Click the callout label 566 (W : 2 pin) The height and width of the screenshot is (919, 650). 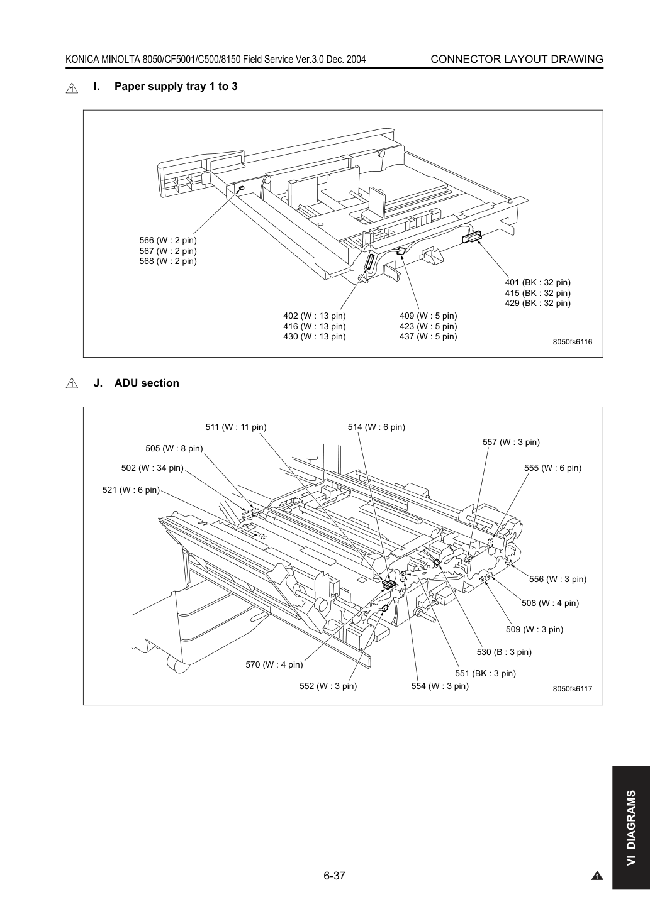[x=168, y=240]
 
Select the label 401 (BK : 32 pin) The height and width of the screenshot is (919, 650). [x=537, y=282]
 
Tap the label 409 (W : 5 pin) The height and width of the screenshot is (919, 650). [x=429, y=316]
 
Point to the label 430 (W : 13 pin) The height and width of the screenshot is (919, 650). [x=315, y=336]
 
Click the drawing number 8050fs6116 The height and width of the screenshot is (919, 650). [x=573, y=342]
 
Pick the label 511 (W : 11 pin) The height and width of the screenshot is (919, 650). [x=236, y=427]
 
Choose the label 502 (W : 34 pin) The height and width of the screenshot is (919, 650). [x=152, y=468]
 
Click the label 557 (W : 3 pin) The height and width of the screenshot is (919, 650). [x=511, y=442]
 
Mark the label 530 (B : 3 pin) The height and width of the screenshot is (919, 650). [x=504, y=652]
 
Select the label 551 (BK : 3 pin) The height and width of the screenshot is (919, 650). [x=485, y=673]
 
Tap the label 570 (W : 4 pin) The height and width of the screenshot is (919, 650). [x=274, y=664]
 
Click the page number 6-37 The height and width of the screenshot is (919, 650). [x=334, y=876]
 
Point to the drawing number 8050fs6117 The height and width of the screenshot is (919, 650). [x=573, y=689]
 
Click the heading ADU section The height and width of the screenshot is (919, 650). [x=147, y=383]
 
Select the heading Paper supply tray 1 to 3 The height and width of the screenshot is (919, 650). [x=176, y=86]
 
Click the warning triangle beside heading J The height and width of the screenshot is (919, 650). [x=72, y=383]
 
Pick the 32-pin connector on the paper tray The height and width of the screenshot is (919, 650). [x=471, y=237]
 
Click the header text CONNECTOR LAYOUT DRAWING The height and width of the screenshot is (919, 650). [x=517, y=59]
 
